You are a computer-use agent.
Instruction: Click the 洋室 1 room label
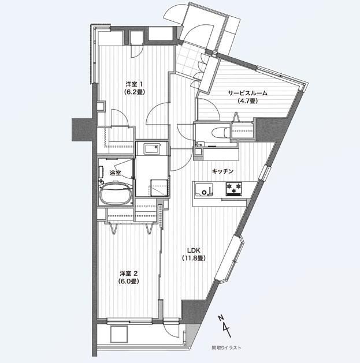134,84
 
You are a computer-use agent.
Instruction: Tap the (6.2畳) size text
134,92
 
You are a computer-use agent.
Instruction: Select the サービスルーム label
247,93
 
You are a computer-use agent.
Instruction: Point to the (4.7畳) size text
247,101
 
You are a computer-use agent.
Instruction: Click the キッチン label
222,171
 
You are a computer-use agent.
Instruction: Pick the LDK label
194,250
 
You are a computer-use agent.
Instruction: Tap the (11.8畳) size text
194,258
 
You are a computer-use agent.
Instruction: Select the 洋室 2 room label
129,274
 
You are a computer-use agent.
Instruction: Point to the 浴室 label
115,173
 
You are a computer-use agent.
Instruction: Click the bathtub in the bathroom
116,193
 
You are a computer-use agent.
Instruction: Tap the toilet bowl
219,133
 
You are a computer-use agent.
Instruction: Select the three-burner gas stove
234,189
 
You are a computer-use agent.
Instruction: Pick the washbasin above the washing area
153,149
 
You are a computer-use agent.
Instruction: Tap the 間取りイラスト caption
227,347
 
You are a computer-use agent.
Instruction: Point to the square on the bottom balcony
119,334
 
